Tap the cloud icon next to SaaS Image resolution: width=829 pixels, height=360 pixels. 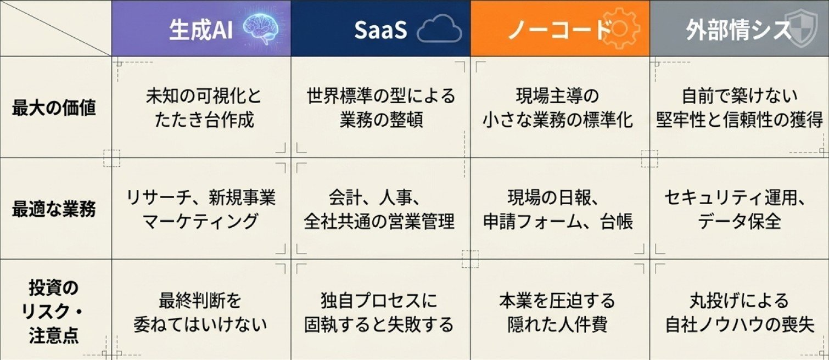tap(439, 29)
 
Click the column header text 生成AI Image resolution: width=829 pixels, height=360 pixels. tap(201, 29)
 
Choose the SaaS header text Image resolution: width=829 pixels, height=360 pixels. tap(380, 30)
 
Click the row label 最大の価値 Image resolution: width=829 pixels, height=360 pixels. tap(54, 108)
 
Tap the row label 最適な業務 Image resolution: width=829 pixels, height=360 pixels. tap(54, 209)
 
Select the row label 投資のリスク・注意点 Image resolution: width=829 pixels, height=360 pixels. tap(54, 312)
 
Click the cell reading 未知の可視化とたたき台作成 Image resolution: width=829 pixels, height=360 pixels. tap(204, 108)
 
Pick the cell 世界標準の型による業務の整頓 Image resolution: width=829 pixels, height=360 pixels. tap(381, 108)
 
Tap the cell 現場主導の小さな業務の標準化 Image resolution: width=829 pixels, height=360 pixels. tap(558, 108)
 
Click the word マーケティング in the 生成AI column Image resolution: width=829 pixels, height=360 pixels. tap(200, 221)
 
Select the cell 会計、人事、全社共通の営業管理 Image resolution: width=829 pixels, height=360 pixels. tap(379, 209)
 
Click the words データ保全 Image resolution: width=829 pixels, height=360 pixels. tap(740, 221)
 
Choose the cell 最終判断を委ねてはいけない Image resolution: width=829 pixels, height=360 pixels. tap(200, 312)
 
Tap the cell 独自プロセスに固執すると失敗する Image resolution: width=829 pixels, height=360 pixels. tap(379, 312)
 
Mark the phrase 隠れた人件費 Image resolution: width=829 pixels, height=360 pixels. tap(557, 324)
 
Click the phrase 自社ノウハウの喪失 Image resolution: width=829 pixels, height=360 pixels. tap(740, 324)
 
